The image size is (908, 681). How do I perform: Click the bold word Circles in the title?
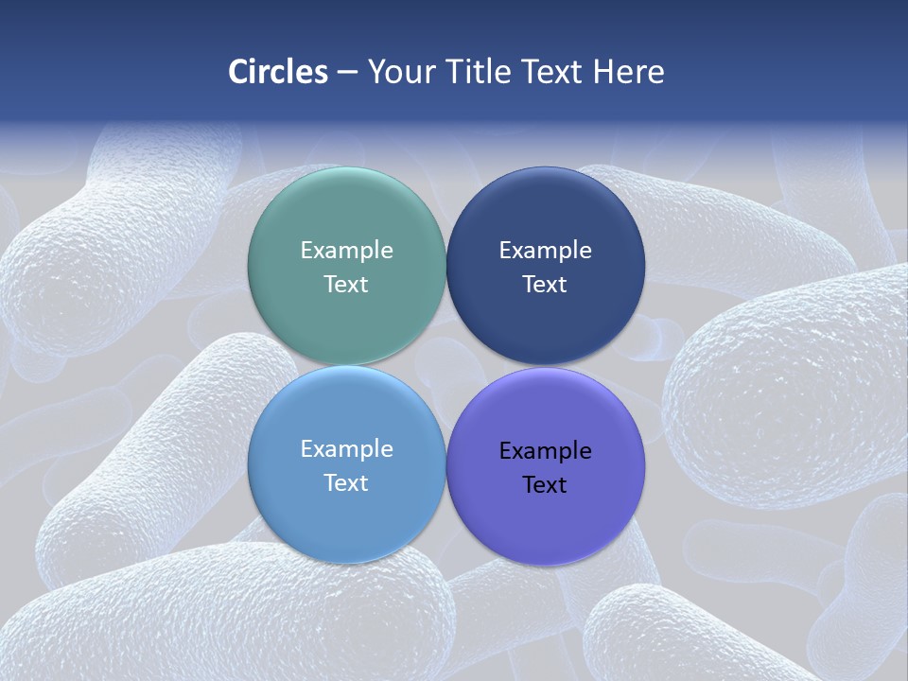[x=278, y=72]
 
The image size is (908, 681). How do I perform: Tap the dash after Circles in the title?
[x=347, y=73]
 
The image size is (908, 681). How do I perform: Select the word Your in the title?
[x=398, y=72]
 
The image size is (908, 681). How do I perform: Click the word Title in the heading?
[x=478, y=72]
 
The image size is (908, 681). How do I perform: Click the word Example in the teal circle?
[x=346, y=250]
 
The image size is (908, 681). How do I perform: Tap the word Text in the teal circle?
[x=346, y=285]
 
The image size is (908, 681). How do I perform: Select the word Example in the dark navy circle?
[x=545, y=250]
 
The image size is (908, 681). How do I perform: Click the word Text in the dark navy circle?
[x=545, y=285]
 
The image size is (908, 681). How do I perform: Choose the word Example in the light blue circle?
[x=346, y=448]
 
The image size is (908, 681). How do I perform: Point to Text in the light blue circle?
[x=346, y=483]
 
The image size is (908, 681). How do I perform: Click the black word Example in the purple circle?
[x=545, y=450]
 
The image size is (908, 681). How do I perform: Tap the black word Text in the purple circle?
[x=545, y=485]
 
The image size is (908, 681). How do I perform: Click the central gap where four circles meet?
[x=445, y=366]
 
